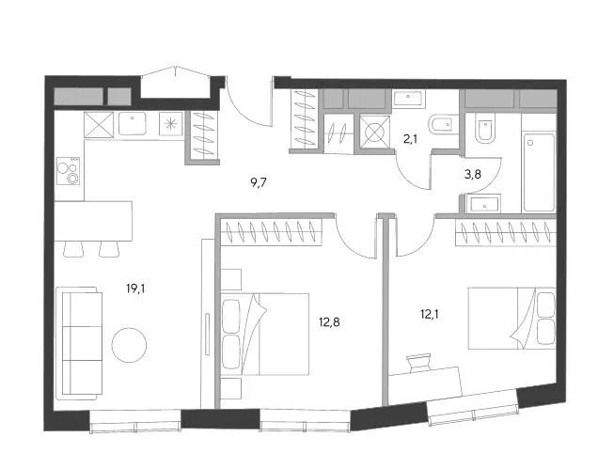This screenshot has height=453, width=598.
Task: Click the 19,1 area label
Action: pyautogui.click(x=135, y=289)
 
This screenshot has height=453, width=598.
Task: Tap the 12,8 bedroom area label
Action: pyautogui.click(x=329, y=322)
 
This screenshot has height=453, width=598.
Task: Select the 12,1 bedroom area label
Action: pyautogui.click(x=429, y=314)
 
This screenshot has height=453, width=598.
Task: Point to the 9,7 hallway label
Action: pyautogui.click(x=259, y=183)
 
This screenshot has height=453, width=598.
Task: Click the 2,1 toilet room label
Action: pyautogui.click(x=410, y=139)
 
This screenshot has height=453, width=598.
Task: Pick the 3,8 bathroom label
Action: pyautogui.click(x=473, y=175)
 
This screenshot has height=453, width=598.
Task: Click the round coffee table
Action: pyautogui.click(x=129, y=345)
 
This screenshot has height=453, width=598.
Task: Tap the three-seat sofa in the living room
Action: pyautogui.click(x=79, y=343)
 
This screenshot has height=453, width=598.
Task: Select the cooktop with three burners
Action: pyautogui.click(x=69, y=171)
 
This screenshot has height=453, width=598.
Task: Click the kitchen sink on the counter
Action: pyautogui.click(x=133, y=123)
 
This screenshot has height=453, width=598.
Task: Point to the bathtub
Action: pyautogui.click(x=539, y=172)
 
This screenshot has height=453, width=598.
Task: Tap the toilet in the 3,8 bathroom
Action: pyautogui.click(x=484, y=129)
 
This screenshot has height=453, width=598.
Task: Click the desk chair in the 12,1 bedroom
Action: pyautogui.click(x=418, y=363)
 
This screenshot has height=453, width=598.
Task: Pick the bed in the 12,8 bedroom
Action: pyautogui.click(x=264, y=335)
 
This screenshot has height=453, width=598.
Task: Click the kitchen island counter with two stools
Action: pyautogui.click(x=93, y=221)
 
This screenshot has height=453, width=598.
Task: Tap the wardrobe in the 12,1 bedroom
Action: pyautogui.click(x=506, y=233)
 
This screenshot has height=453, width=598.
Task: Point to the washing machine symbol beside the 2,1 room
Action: pyautogui.click(x=375, y=132)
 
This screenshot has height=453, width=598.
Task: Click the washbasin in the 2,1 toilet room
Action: pyautogui.click(x=408, y=99)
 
